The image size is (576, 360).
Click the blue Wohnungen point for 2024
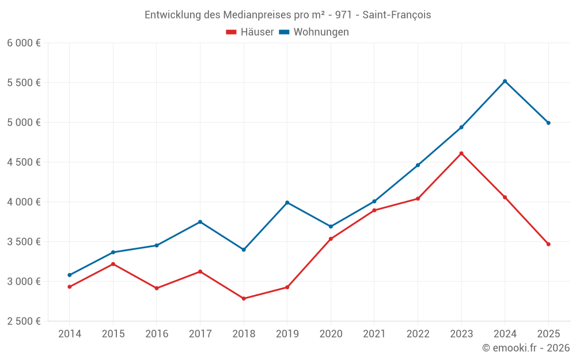[505, 81]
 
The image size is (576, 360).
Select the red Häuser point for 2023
[461, 153]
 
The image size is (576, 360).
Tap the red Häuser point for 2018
[244, 298]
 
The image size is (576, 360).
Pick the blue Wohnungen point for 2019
[287, 203]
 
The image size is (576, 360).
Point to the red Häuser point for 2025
[548, 244]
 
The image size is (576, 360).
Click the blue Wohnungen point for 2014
[70, 275]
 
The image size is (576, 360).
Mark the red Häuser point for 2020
[331, 238]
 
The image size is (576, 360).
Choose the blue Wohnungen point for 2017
[200, 222]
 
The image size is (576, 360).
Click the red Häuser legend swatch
[232, 32]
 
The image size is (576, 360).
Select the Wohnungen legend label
[321, 32]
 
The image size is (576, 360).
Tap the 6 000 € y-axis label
[24, 43]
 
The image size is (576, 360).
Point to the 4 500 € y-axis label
[24, 162]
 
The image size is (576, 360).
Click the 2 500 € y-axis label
[24, 321]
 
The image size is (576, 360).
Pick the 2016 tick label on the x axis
[157, 334]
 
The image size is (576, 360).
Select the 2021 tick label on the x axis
[374, 334]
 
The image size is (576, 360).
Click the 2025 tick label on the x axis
[548, 334]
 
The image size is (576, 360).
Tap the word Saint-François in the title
[396, 15]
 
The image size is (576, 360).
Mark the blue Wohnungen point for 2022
[418, 165]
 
